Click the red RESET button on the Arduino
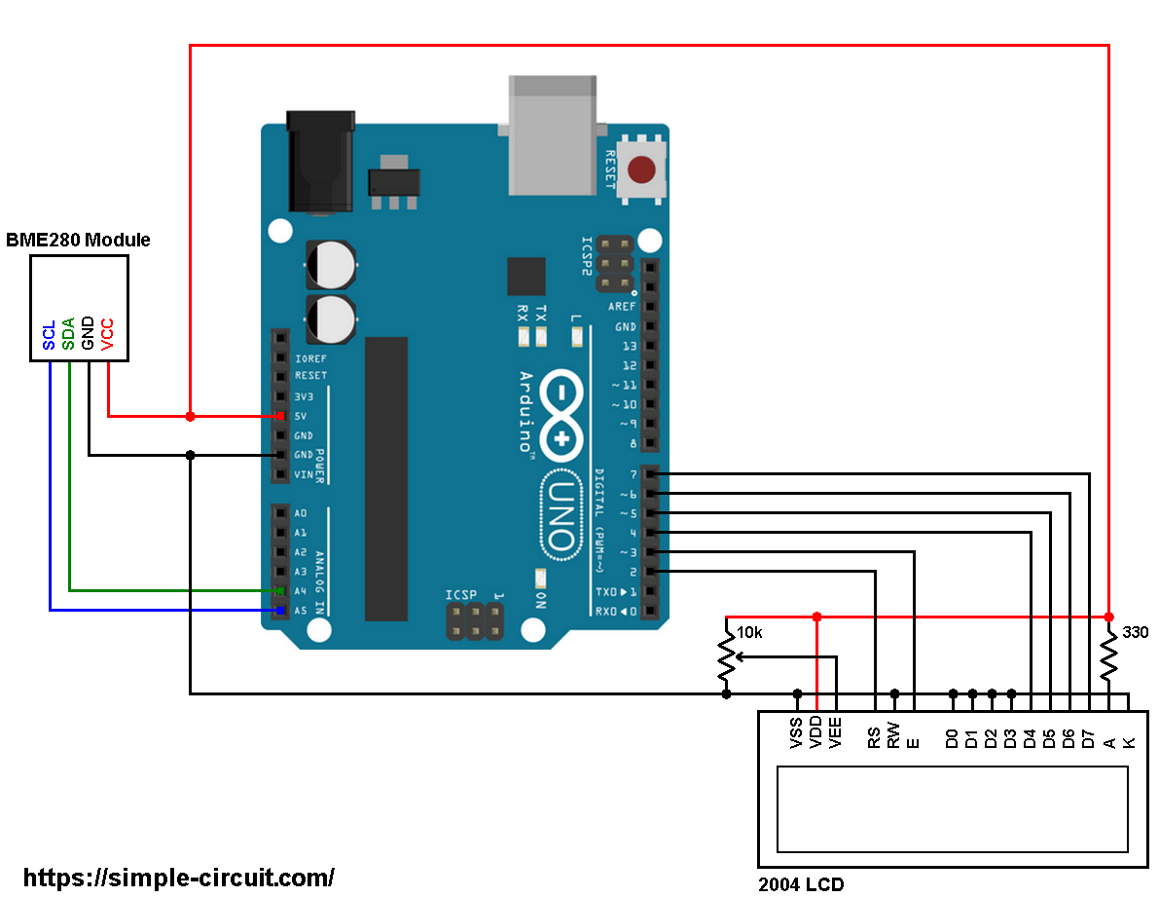point(641,170)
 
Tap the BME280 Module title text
point(79,240)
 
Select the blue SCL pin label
point(50,336)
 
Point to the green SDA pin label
point(68,334)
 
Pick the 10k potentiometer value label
point(749,632)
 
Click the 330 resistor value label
point(1136,632)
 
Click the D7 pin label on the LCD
point(1089,737)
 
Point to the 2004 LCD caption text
point(801,884)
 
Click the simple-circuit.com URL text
point(178,877)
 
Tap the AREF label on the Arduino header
point(623,307)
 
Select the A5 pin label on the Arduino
point(300,611)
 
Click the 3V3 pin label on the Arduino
point(304,396)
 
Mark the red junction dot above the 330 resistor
point(1108,617)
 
